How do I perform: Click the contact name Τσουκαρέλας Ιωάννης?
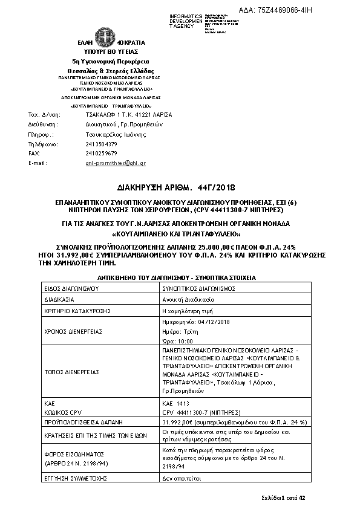(114, 134)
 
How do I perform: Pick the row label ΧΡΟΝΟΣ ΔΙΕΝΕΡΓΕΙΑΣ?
(71, 332)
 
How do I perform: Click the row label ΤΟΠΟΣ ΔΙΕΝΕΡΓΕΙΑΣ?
(71, 371)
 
